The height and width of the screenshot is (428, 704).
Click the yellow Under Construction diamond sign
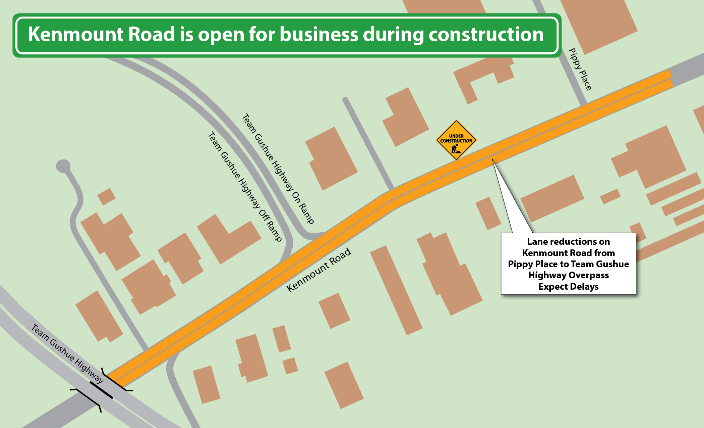[456, 139]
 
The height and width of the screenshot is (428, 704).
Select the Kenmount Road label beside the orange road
[318, 270]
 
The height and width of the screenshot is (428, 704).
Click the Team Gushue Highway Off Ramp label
[244, 187]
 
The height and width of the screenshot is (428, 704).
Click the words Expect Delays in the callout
[568, 287]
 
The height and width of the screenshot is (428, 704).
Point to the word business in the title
[319, 34]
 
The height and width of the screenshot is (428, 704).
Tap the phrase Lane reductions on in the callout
[568, 242]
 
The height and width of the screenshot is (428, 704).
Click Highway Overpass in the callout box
[568, 275]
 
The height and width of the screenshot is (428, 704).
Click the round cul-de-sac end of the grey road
[63, 166]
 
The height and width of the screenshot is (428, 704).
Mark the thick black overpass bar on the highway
[101, 390]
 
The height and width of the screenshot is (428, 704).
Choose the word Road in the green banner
[151, 34]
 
